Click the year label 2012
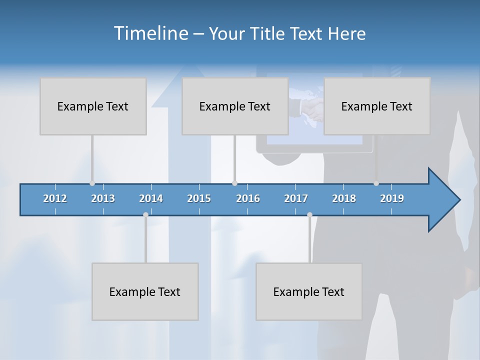55,198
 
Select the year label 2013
103,198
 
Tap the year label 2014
151,198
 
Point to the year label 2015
199,198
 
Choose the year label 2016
248,198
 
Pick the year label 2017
296,198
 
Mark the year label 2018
344,198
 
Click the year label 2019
392,198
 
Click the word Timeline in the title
150,33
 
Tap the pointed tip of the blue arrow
459,200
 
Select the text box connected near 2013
93,106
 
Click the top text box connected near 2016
235,106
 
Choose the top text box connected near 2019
377,106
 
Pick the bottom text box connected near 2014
145,291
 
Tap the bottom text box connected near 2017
309,291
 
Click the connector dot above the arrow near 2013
92,183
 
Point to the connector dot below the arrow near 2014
145,214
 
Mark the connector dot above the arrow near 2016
234,183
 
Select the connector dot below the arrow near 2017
309,214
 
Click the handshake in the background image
311,108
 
